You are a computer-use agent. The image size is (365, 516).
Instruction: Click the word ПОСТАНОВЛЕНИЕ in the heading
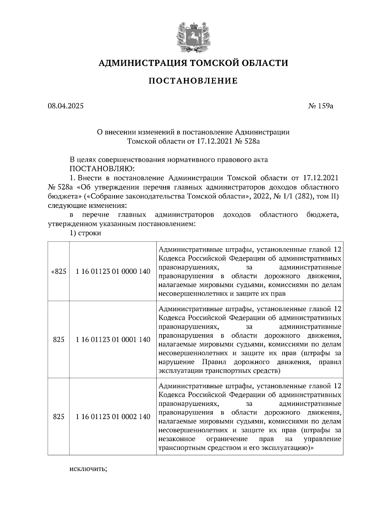[x=193, y=81]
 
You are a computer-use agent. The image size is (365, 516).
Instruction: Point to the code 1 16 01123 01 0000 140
[x=113, y=272]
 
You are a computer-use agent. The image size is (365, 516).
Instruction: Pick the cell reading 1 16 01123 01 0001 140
[x=113, y=340]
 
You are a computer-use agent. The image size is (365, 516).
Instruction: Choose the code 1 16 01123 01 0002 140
[x=113, y=417]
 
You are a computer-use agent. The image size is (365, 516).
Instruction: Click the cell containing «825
[x=59, y=272]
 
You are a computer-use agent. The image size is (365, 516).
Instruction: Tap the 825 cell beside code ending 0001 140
[x=59, y=340]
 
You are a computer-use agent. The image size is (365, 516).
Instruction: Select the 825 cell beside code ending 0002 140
[x=59, y=417]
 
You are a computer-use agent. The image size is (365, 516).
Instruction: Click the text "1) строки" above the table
[x=85, y=233]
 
